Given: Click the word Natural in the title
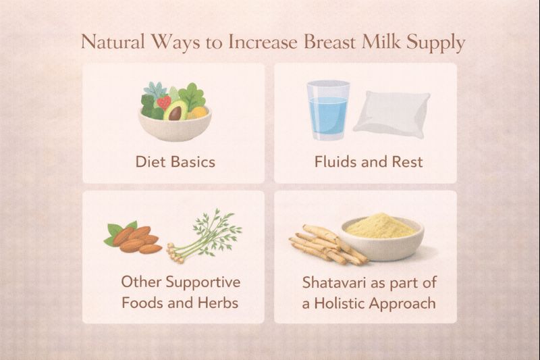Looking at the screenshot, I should coord(111,43).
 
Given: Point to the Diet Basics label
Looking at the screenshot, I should coord(175,162).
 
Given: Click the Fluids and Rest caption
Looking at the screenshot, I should coord(368,162).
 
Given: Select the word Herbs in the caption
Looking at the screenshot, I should coord(215,303).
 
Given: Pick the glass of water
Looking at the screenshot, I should coord(328,110).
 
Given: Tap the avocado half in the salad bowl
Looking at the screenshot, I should coord(174,110).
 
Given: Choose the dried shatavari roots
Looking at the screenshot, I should coord(324,245).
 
